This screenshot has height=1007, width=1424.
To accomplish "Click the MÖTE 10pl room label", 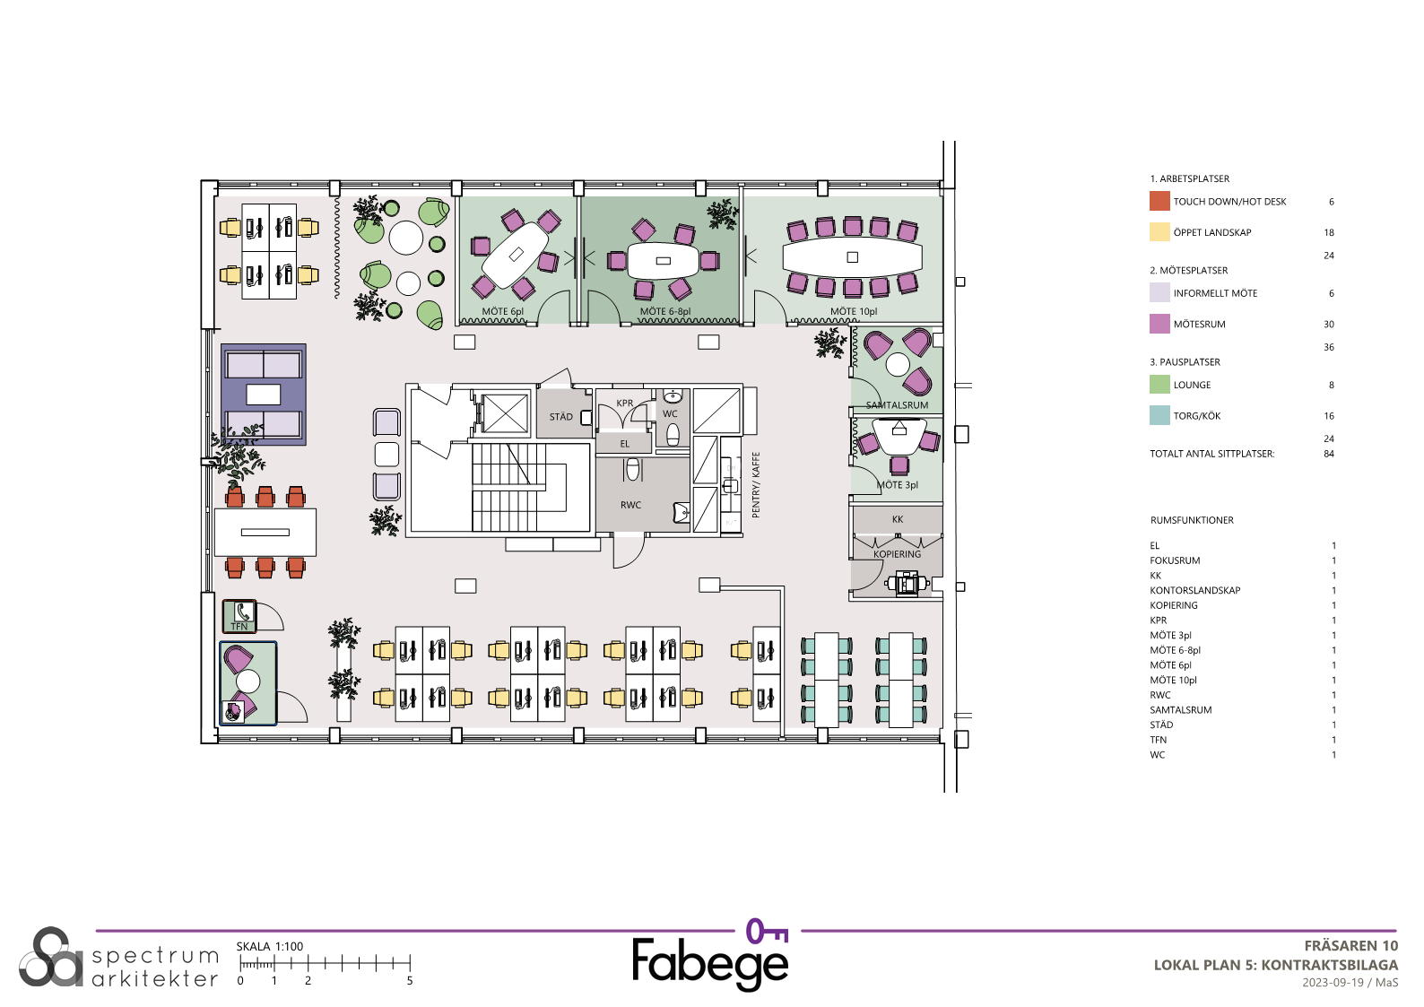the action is pos(853,311).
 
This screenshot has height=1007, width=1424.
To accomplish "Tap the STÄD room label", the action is pos(560,417).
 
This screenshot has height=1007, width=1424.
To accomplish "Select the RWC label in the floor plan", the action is pos(630,506).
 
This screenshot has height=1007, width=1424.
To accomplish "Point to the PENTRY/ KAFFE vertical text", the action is pos(756,485).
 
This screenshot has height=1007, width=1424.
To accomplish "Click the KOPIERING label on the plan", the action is pos(897,554).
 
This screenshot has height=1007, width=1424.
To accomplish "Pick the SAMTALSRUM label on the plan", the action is pos(897,405).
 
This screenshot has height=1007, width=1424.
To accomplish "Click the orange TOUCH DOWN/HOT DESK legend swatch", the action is pos(1159,201).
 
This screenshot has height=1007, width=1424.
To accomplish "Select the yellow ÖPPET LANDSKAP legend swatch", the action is pos(1159,231).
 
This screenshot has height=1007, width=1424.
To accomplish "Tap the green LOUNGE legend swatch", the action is pos(1159,385).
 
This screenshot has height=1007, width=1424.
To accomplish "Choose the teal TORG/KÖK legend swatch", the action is pos(1159,415).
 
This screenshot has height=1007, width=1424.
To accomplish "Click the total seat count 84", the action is pos(1329,454).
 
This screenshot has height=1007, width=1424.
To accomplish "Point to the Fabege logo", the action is pos(711,955).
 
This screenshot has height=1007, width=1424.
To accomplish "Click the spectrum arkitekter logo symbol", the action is pos(51,958).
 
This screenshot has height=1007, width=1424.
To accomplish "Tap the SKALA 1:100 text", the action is pos(270,947).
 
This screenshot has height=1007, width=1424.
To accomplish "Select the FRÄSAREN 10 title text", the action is pos(1350,946).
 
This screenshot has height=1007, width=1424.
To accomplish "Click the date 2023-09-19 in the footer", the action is pos(1333,983).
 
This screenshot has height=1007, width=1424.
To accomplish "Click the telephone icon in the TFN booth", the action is pos(244,612).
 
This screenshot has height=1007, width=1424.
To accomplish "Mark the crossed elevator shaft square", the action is pos(506,414).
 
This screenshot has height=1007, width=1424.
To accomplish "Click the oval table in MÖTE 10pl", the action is pos(852,257).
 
